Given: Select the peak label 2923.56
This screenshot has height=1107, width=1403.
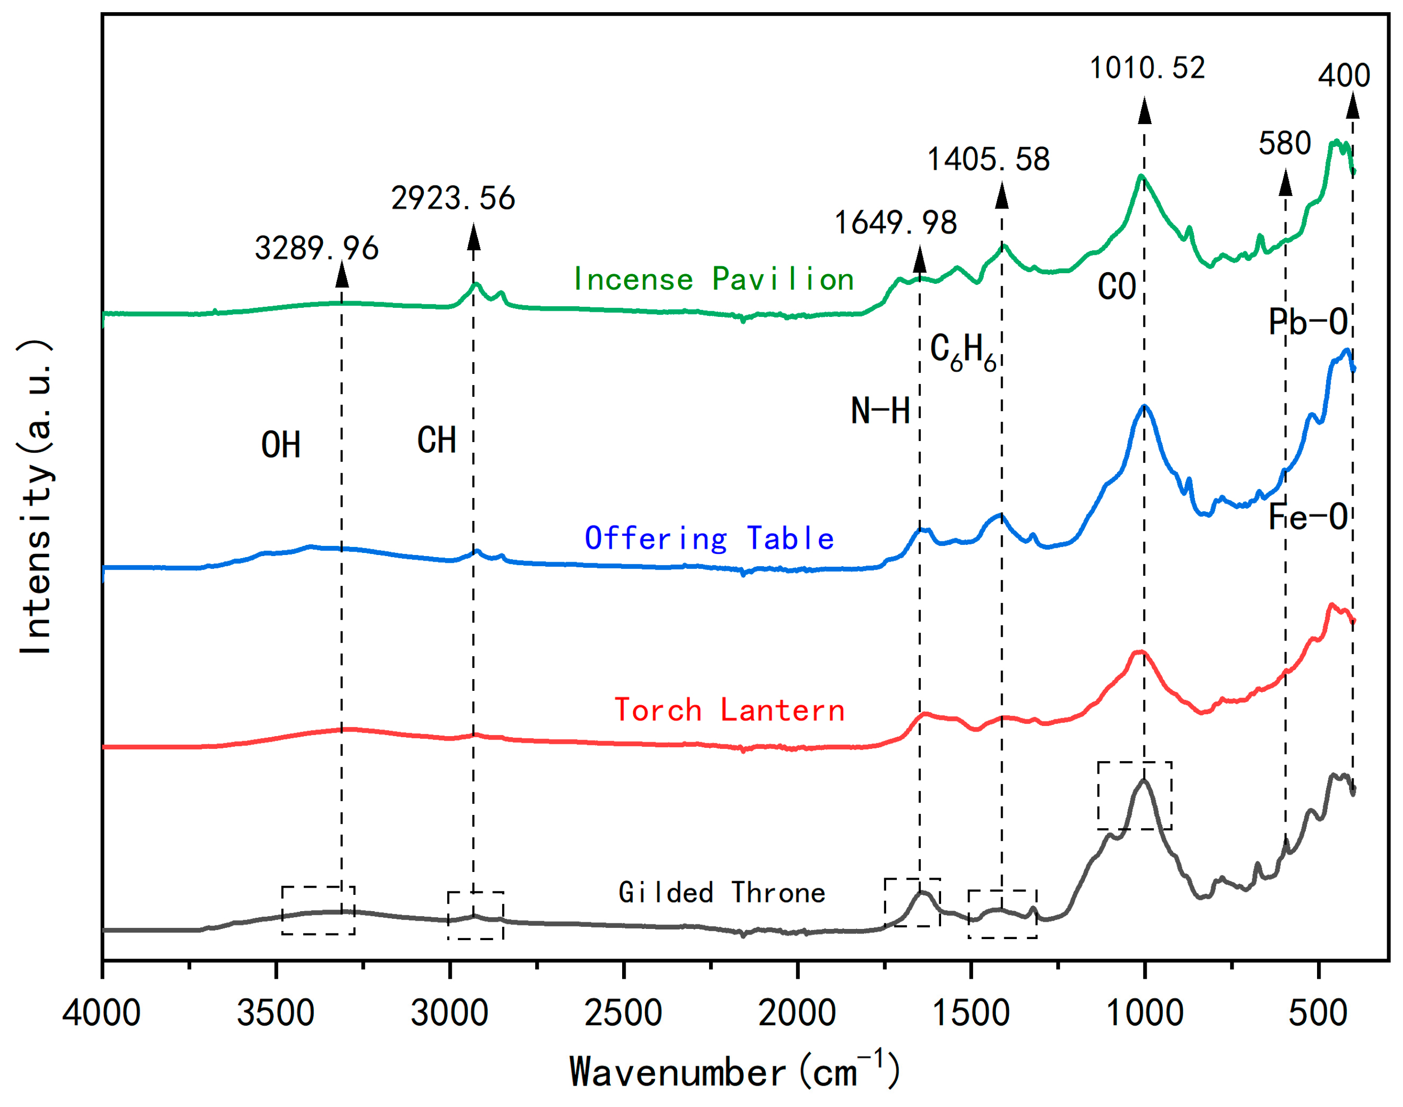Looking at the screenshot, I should [452, 198].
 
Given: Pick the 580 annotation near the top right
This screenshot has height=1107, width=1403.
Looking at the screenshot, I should [1284, 143].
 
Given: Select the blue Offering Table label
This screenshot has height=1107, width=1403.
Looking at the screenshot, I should [709, 539].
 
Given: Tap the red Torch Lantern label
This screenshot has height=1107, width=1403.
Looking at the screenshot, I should [729, 710].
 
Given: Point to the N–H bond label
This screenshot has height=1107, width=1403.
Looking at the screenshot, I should [880, 411].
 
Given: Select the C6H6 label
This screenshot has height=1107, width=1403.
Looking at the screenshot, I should [962, 352].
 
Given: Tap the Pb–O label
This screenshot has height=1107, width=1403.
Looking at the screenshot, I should [1308, 322].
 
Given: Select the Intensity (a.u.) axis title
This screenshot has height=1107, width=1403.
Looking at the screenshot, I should [36, 497].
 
